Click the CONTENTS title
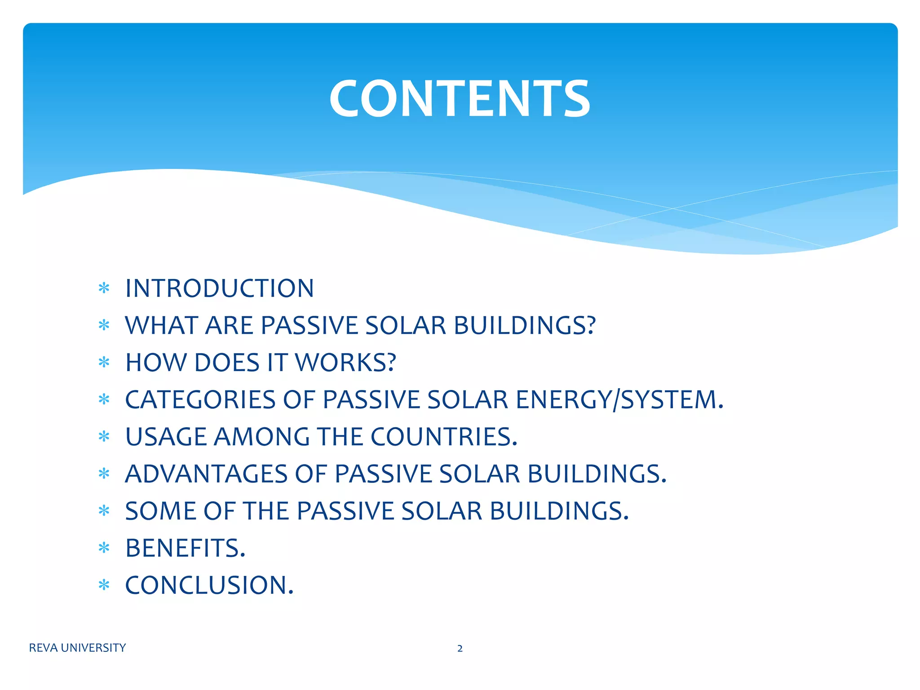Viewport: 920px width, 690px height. click(460, 99)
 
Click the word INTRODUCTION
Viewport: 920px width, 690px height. click(219, 288)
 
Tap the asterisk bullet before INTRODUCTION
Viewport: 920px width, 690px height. click(104, 288)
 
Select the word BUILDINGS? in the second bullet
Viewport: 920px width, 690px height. click(524, 326)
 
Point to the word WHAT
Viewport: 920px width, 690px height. click(161, 326)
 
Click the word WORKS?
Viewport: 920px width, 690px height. click(345, 363)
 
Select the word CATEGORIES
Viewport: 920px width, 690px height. click(200, 400)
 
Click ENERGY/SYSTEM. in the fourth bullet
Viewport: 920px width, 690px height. click(619, 400)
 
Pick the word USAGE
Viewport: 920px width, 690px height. click(166, 437)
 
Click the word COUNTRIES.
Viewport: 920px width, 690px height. click(444, 437)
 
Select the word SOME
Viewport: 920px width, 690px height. click(160, 512)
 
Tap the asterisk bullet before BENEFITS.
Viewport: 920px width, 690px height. click(104, 548)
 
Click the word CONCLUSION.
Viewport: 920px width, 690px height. click(209, 586)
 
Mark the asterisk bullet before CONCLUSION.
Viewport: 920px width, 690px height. click(104, 585)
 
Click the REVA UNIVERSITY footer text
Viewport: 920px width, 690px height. click(77, 648)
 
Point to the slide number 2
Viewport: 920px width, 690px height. click(460, 648)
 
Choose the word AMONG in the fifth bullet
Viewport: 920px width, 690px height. click(261, 437)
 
